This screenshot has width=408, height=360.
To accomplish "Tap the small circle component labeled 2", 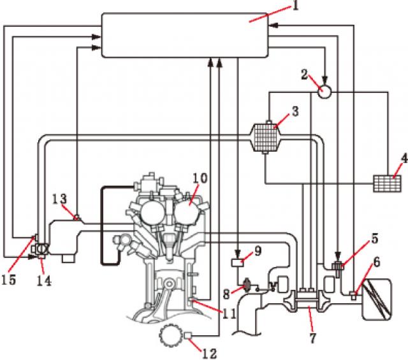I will pyautogui.click(x=324, y=90).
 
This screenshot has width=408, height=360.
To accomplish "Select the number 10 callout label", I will pyautogui.click(x=200, y=179).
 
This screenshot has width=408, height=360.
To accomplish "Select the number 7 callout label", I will pyautogui.click(x=312, y=338).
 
